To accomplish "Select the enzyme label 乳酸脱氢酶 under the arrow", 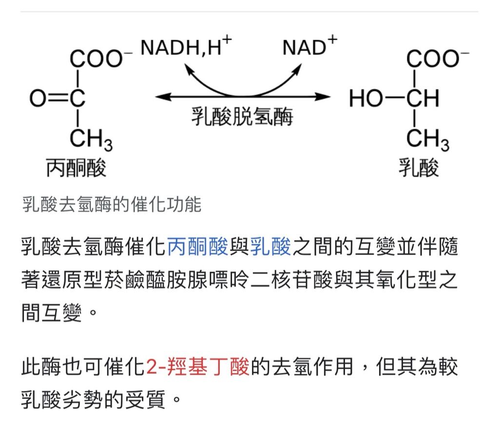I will (242, 117).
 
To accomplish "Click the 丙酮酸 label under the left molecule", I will (76, 168).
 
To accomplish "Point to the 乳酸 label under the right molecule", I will (419, 168).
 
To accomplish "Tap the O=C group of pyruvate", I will (58, 98).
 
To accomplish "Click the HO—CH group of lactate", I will (394, 98).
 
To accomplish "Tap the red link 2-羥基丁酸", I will (198, 367).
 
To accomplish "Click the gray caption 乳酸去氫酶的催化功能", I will (112, 205).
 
